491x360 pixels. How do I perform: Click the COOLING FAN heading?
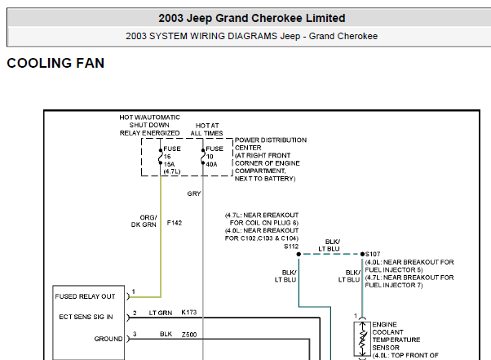pyautogui.click(x=55, y=63)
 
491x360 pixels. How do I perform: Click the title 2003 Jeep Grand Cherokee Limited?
pyautogui.click(x=252, y=18)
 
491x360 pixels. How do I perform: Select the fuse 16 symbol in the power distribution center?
pyautogui.click(x=161, y=157)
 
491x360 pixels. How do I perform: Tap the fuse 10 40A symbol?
pyautogui.click(x=203, y=157)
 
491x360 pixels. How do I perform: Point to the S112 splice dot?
pyautogui.click(x=299, y=254)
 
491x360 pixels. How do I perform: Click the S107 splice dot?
pyautogui.click(x=362, y=254)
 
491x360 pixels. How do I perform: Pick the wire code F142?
pyautogui.click(x=175, y=223)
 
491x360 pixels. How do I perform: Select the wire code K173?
pyautogui.click(x=189, y=313)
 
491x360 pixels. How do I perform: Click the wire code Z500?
pyautogui.click(x=189, y=335)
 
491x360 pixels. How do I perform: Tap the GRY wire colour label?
pyautogui.click(x=194, y=193)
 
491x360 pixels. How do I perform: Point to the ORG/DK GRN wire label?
pyautogui.click(x=144, y=221)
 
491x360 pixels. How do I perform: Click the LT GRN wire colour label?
pyautogui.click(x=161, y=313)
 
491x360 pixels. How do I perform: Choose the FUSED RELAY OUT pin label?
pyautogui.click(x=85, y=296)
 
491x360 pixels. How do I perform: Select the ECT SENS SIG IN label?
pyautogui.click(x=86, y=317)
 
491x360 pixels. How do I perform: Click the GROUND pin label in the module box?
pyautogui.click(x=108, y=339)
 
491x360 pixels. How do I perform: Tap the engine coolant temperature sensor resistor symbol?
pyautogui.click(x=362, y=339)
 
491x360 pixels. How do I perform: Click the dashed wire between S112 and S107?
pyautogui.click(x=330, y=254)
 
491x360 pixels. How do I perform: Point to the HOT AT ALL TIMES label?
pyautogui.click(x=207, y=130)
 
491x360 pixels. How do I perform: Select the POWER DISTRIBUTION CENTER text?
pyautogui.click(x=271, y=144)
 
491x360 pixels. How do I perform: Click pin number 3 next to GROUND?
pyautogui.click(x=135, y=334)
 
